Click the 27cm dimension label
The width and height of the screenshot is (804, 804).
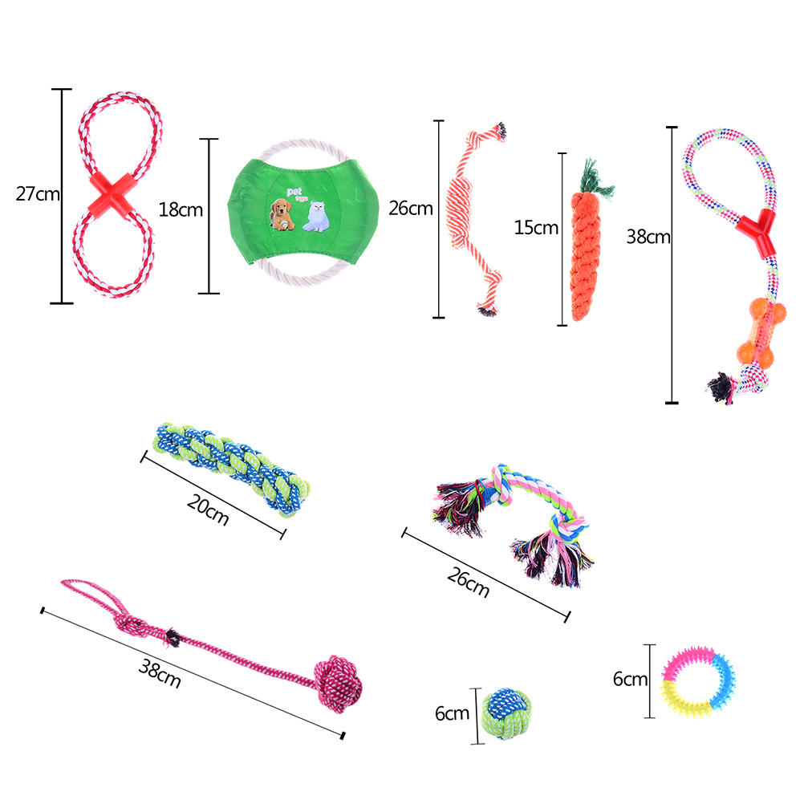38,194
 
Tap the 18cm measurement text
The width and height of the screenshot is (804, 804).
181,209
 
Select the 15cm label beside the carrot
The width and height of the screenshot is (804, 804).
536,228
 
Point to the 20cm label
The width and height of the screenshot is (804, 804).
208,510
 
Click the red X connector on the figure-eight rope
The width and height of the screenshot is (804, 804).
111,194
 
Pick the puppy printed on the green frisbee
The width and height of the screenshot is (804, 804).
282,214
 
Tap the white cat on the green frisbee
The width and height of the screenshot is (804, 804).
316,217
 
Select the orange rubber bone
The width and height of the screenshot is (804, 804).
761,333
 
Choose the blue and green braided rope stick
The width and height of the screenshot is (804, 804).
232,469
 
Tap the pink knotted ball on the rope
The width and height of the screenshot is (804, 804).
339,684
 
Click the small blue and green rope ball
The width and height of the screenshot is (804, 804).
506,714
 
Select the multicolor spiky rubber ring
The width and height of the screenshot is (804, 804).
698,682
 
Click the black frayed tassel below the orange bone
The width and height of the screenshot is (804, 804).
721,388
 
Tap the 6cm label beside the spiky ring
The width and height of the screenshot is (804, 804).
630,680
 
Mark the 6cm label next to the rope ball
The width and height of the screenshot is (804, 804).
452,714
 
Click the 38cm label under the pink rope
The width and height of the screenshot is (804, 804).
160,674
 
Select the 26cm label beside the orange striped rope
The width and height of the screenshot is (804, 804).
411,208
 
